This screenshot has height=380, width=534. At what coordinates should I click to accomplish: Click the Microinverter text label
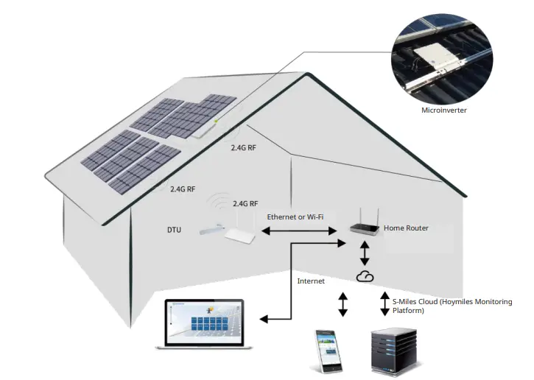point(443,110)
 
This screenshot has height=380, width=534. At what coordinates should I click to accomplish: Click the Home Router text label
point(406,228)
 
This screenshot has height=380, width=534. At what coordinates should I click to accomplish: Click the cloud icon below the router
point(365,276)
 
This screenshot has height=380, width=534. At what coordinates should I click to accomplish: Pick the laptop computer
point(203,325)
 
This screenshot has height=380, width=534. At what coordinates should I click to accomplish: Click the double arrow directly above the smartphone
point(341,305)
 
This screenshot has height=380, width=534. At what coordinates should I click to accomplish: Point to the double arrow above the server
point(384,303)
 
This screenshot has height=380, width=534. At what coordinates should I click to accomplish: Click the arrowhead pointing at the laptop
point(264,318)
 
